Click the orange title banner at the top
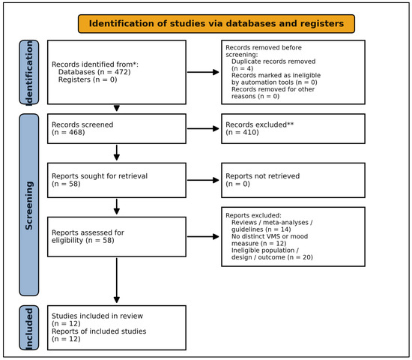pyautogui.click(x=216, y=24)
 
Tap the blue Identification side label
pyautogui.click(x=29, y=72)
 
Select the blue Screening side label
pyautogui.click(x=29, y=205)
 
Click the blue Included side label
pyautogui.click(x=29, y=328)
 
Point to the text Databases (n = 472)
pyautogui.click(x=94, y=72)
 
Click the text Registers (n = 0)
pyautogui.click(x=88, y=79)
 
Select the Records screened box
pyautogui.click(x=117, y=129)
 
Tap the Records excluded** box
pyautogui.click(x=293, y=129)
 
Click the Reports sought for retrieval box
pyautogui.click(x=117, y=180)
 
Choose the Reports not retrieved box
pyautogui.click(x=293, y=180)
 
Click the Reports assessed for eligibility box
pyautogui.click(x=117, y=237)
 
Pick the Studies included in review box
pyautogui.click(x=117, y=328)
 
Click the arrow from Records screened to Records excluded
pyautogui.click(x=203, y=129)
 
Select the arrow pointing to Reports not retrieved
pyautogui.click(x=203, y=180)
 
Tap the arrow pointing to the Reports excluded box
pyautogui.click(x=203, y=237)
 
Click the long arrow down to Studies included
pyautogui.click(x=117, y=280)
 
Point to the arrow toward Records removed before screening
pyautogui.click(x=203, y=72)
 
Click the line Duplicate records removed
pyautogui.click(x=273, y=61)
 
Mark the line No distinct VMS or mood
pyautogui.click(x=270, y=236)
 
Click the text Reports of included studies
pyautogui.click(x=99, y=331)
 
